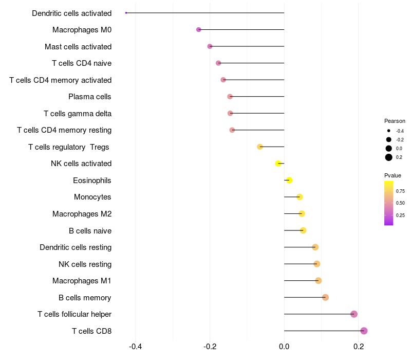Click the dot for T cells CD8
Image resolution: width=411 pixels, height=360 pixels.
[x=364, y=331]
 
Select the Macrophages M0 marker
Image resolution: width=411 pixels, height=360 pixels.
[x=199, y=30]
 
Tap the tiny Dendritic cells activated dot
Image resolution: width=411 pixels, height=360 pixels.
[x=126, y=13]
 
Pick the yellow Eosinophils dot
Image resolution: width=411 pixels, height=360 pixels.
[x=289, y=180]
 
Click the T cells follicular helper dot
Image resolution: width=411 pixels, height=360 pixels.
[x=354, y=314]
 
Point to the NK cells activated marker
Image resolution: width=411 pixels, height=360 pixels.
[x=278, y=164]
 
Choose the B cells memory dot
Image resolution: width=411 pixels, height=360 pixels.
[x=325, y=297]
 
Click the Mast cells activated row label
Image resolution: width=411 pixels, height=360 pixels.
[x=78, y=47]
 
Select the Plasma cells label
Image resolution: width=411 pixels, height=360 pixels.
[x=90, y=97]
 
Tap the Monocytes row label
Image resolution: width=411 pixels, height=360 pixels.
[x=92, y=197]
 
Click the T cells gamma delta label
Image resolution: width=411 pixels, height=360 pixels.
[x=78, y=114]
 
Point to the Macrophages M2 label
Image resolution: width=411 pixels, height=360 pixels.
[x=82, y=214]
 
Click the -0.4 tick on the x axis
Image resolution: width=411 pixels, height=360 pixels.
[x=136, y=347]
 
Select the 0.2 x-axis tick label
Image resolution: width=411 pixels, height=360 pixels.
[x=359, y=347]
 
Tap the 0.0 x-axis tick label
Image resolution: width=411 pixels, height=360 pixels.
[x=284, y=347]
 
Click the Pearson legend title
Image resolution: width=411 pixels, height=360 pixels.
[x=395, y=121]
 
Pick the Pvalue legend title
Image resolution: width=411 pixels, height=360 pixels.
[x=393, y=175]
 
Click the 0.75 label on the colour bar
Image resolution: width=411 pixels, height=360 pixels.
[x=400, y=191]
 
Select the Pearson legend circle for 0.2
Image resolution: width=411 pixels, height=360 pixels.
[x=389, y=157]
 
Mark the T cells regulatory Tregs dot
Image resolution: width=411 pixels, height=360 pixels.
[x=260, y=147]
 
